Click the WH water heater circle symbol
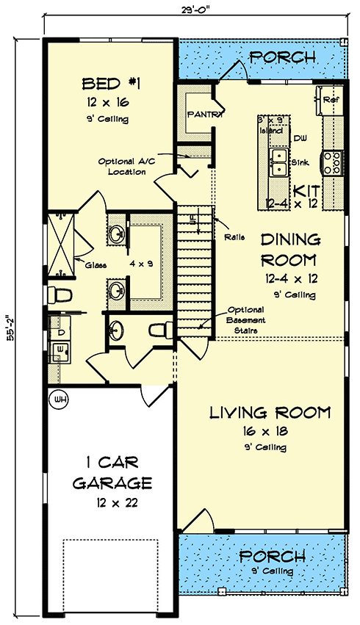[57, 400]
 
